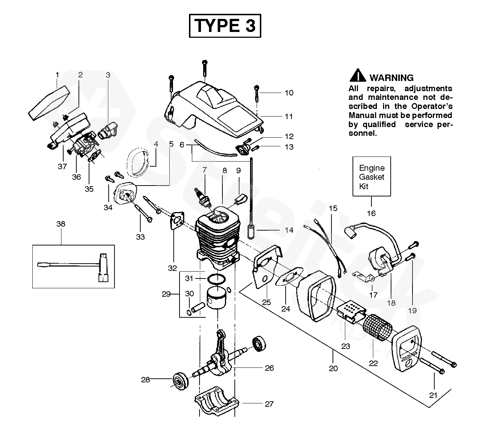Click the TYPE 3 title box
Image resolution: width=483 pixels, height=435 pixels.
coord(225,26)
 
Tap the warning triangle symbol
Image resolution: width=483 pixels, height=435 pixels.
coord(358,75)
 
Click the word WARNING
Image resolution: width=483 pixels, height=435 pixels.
coord(391,78)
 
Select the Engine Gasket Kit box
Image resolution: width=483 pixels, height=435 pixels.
coord(371,176)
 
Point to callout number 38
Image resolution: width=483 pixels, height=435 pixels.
coord(61,224)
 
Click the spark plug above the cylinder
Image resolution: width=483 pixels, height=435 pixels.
coord(202,197)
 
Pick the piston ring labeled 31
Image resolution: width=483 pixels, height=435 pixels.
coord(217,279)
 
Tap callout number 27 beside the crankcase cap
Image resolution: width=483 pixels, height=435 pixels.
coord(269,404)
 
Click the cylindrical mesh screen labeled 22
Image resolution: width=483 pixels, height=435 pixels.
coord(377,327)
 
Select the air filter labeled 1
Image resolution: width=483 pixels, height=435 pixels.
coord(49,103)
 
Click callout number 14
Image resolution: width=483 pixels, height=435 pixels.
coord(289,230)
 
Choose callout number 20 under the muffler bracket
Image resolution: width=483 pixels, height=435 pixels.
coord(333,368)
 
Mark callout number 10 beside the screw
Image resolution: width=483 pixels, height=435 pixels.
coord(289,93)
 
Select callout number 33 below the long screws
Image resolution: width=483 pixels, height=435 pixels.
coord(140,237)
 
